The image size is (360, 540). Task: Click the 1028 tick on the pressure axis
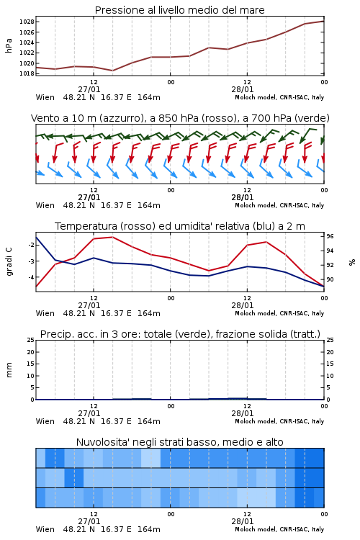27,22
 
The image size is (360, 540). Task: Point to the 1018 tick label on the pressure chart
27,73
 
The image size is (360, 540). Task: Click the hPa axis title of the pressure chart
9,45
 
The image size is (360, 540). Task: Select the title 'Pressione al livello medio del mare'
180,10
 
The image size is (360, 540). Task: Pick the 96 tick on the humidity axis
330,236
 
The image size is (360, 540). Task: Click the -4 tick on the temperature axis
31,277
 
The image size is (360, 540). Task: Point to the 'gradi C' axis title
9,261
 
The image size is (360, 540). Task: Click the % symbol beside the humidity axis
352,262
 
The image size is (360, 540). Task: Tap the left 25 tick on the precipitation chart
31,340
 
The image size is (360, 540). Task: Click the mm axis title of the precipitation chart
9,370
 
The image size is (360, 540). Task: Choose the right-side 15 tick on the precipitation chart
330,364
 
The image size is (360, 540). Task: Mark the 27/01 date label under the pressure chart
89,89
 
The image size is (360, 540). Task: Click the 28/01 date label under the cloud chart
243,521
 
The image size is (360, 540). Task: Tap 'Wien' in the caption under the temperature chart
45,313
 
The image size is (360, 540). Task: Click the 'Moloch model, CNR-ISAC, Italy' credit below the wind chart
279,205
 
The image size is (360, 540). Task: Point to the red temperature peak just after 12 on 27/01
112,237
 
